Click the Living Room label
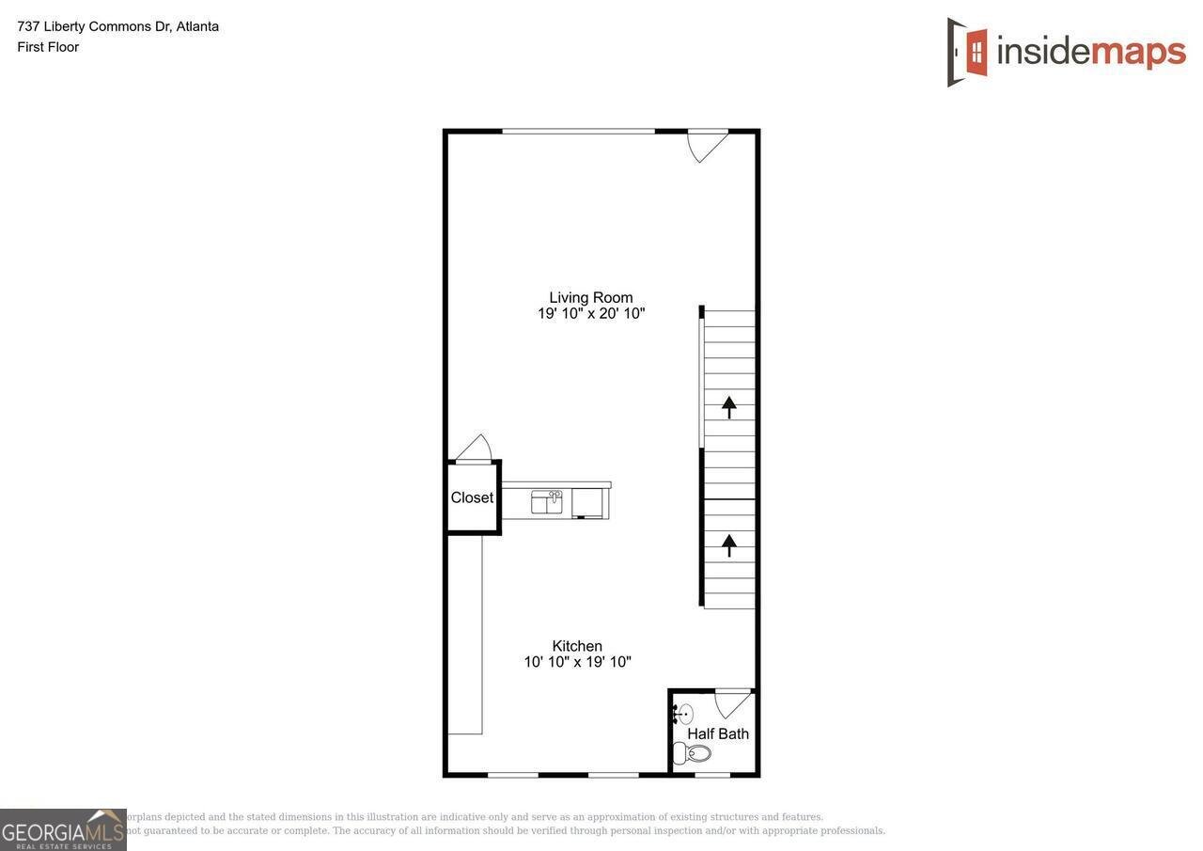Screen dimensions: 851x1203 coord(591,298)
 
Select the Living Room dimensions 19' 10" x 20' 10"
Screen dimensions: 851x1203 coord(591,314)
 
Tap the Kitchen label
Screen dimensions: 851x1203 coord(577,646)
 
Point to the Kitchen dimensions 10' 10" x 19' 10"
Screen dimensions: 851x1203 coord(577,662)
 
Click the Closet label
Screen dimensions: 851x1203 coord(472,497)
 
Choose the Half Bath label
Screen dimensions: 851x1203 coord(718,733)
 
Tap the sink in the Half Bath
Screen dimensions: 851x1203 coord(683,715)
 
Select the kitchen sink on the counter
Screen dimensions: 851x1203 coord(546,501)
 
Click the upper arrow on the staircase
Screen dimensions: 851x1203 coord(729,407)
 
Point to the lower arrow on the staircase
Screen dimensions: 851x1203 coord(729,545)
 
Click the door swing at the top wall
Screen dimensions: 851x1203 coord(706,145)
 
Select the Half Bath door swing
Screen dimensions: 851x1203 coord(733,703)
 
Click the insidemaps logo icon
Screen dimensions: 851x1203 coord(967,52)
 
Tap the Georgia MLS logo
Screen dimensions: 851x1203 coord(63,829)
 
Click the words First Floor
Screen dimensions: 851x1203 coord(48,47)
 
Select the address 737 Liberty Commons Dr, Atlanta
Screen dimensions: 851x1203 coord(118,26)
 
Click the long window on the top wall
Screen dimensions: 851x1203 coord(578,132)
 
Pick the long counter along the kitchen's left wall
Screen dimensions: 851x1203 coord(465,635)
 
